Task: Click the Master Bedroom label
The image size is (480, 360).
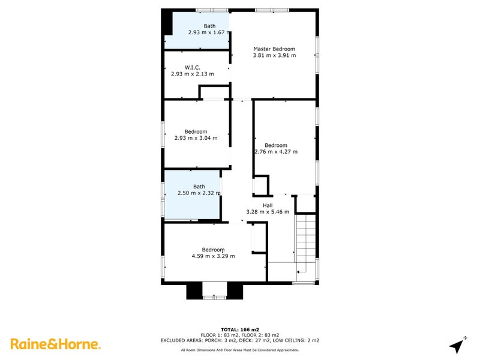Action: pos(274,49)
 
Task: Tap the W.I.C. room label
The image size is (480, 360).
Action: pos(192,68)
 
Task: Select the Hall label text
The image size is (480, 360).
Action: pos(268,205)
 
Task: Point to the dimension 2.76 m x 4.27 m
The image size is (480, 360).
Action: pos(276,152)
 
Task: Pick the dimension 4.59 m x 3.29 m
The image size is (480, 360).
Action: pos(213,256)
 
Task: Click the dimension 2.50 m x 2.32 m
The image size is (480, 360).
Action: pos(199,193)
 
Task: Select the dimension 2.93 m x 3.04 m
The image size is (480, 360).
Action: pos(196,138)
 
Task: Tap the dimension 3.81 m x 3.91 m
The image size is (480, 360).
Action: pos(274,55)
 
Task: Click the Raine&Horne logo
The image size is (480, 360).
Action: pos(55,344)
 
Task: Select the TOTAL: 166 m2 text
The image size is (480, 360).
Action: pos(239,329)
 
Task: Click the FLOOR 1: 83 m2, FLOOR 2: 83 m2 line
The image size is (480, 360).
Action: pos(239,335)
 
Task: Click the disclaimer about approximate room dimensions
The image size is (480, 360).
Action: pos(239,350)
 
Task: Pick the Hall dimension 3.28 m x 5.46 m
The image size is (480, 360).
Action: pos(268,212)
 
